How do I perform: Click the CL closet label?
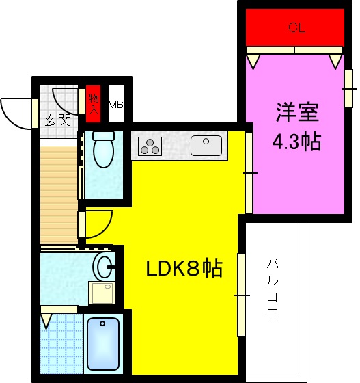(296, 28)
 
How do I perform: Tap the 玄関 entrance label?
(58, 120)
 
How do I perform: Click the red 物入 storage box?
(94, 102)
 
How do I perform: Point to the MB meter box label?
(115, 105)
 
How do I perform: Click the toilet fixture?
(103, 150)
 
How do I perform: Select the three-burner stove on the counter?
(150, 146)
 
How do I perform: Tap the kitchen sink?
(206, 146)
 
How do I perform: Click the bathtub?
(103, 344)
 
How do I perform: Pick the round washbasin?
(103, 265)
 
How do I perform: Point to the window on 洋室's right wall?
(348, 88)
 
